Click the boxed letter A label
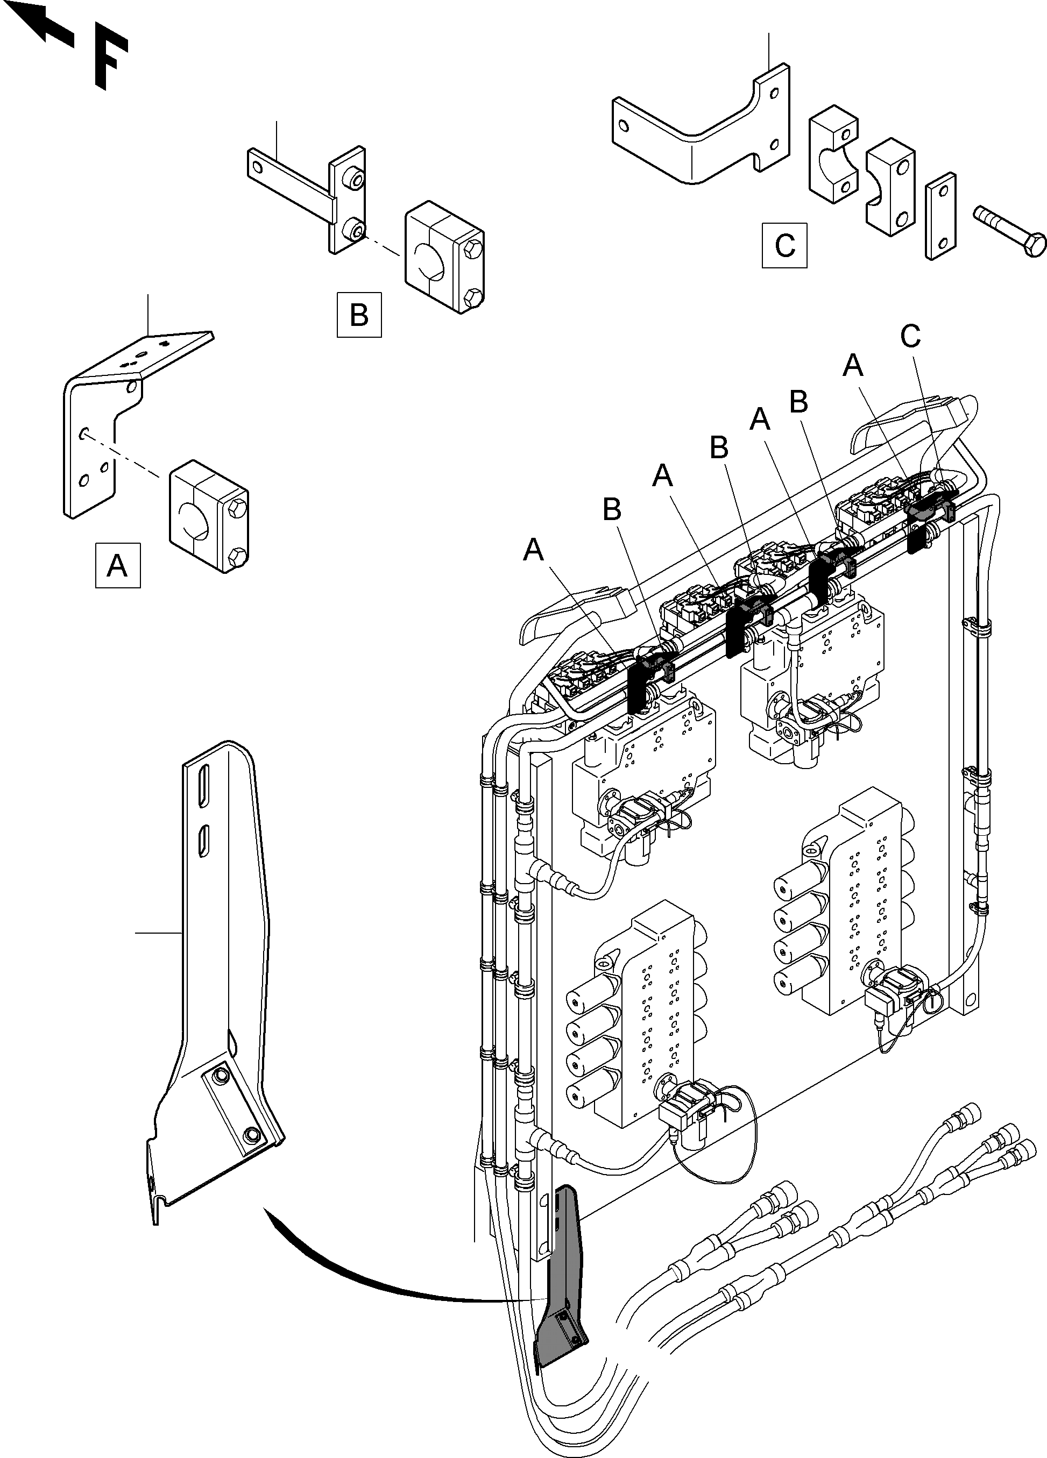click(x=117, y=566)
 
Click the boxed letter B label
click(x=359, y=315)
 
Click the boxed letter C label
click(x=784, y=245)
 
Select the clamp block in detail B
click(x=444, y=257)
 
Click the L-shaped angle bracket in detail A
click(x=96, y=437)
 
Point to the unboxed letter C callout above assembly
click(x=910, y=336)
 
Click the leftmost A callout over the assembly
click(x=533, y=550)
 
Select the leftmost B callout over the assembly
click(x=612, y=510)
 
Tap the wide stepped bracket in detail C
click(x=701, y=135)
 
